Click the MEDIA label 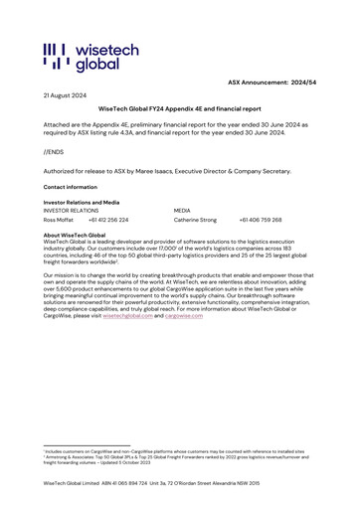coord(182,211)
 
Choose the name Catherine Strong coord(195,220)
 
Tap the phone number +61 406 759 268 coord(261,220)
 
